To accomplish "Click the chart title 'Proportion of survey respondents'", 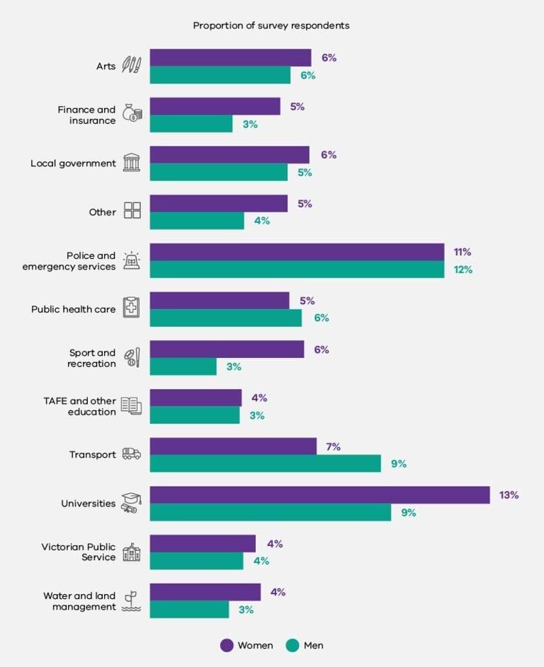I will click(271, 25).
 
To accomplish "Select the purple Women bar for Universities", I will click(319, 495).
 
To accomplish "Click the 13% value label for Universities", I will click(509, 495).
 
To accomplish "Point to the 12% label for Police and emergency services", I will click(463, 269).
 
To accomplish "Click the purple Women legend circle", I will click(227, 645).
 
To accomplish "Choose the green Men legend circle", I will click(293, 645).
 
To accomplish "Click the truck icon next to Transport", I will click(132, 454).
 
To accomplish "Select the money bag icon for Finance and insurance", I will click(132, 113).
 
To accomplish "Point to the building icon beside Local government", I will click(132, 163).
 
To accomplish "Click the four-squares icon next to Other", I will click(132, 211).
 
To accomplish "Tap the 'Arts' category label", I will click(106, 66).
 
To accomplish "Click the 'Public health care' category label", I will click(73, 309).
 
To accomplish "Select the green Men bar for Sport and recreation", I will click(183, 366).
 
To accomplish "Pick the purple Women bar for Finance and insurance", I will click(215, 106).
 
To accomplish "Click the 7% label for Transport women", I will click(333, 447).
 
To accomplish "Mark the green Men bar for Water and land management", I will click(189, 609).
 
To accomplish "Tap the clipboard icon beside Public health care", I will click(132, 308).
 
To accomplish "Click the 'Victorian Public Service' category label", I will click(78, 552).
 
